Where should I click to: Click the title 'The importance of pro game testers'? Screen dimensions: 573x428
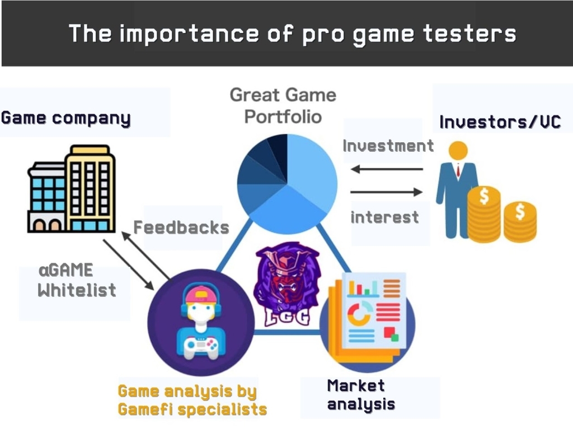click(292, 34)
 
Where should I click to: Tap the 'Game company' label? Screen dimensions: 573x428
click(66, 118)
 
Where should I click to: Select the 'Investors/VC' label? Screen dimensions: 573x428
click(500, 122)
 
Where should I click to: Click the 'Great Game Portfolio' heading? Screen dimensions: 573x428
click(283, 106)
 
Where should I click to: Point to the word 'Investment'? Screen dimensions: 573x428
click(388, 146)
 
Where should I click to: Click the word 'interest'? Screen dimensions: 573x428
click(384, 217)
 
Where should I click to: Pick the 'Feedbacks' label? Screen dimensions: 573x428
click(181, 227)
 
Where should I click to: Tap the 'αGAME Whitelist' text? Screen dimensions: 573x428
click(77, 280)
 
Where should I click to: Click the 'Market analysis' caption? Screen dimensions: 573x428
click(361, 395)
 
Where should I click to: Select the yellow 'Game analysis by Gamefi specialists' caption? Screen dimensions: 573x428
click(192, 400)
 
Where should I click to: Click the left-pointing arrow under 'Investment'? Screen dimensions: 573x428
click(387, 169)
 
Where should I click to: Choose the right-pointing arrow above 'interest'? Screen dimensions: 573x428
click(386, 192)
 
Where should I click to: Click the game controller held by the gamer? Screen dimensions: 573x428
click(201, 346)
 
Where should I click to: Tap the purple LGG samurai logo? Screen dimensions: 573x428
click(288, 284)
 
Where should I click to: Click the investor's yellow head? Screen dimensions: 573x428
click(458, 150)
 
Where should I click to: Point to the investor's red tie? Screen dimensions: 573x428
click(458, 170)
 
